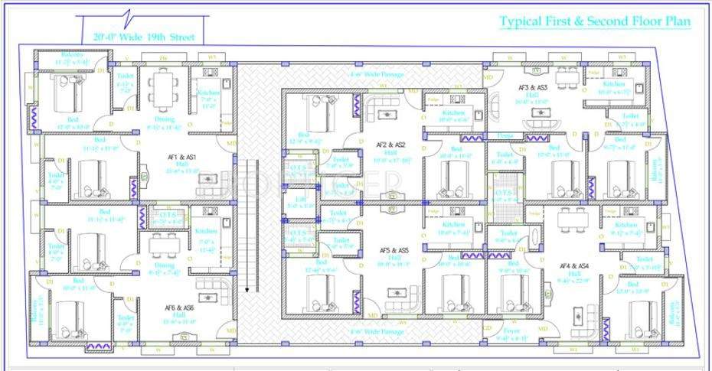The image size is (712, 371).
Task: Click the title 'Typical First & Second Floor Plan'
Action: (595, 21)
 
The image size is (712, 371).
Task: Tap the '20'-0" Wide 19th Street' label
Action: (144, 37)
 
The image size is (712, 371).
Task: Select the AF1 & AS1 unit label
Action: (182, 158)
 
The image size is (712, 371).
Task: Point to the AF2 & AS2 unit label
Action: (390, 145)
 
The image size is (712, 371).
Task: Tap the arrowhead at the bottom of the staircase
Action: (247, 289)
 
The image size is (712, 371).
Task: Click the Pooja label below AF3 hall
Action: (505, 135)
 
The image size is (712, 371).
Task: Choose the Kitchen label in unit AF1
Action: (208, 93)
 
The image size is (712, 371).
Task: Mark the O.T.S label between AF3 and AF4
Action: (505, 194)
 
